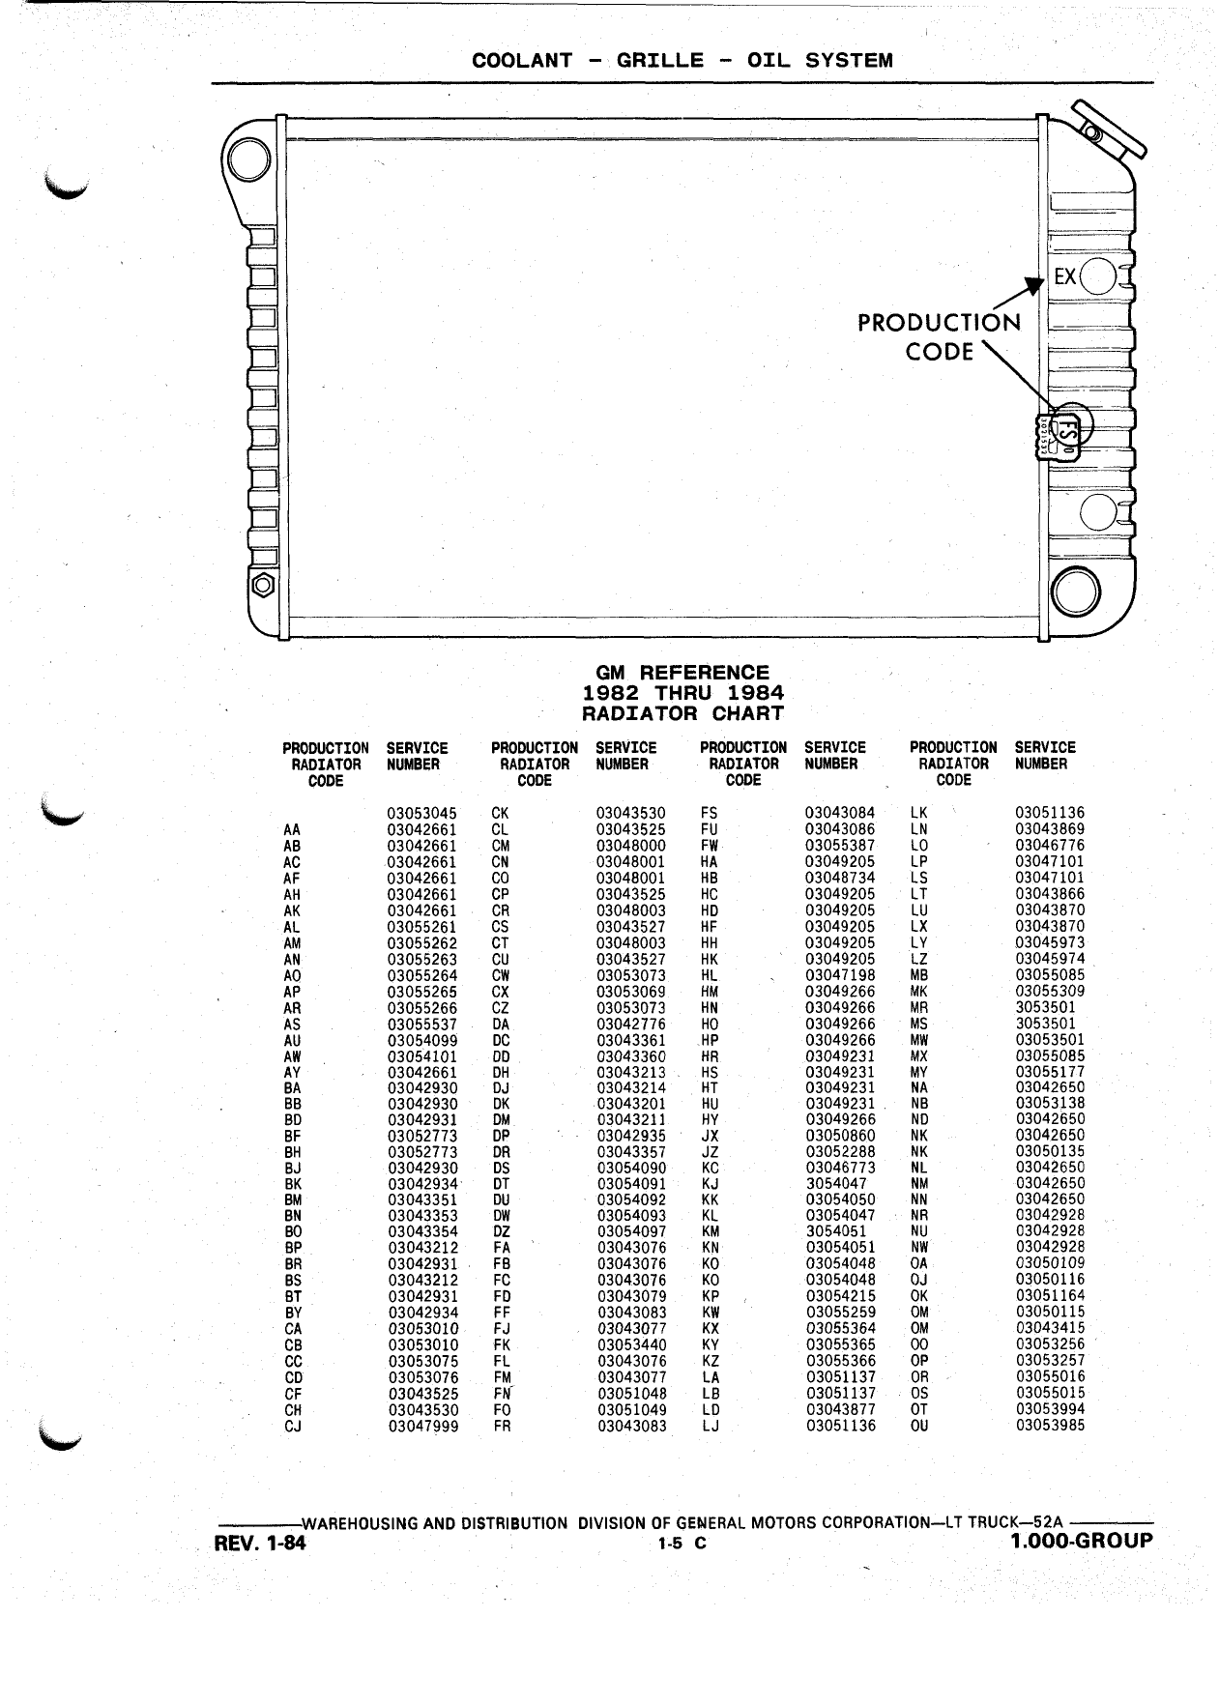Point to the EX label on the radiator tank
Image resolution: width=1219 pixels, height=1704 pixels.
pos(1065,277)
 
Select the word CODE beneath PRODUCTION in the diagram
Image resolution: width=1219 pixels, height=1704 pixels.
pos(940,352)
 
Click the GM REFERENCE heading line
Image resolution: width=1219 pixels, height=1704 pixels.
pos(682,672)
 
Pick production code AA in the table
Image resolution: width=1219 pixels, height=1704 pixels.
pos(292,829)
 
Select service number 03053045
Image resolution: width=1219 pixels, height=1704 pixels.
pos(422,813)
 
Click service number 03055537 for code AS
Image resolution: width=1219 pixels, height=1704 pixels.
pos(422,1024)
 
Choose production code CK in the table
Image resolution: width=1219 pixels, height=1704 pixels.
pos(501,813)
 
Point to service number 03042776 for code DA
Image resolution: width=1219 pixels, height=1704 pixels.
pos(631,1024)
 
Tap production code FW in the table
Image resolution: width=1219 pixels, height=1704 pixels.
pos(710,846)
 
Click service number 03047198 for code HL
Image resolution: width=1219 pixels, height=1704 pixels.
pos(841,975)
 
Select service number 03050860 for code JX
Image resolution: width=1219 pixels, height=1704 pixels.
pos(841,1135)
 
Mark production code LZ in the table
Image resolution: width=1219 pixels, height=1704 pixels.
pos(919,959)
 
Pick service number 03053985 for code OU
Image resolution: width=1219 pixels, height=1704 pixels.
pos(1051,1425)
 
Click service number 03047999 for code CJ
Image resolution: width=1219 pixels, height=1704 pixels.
pos(423,1425)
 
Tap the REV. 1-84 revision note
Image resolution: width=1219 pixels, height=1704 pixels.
pos(259,1544)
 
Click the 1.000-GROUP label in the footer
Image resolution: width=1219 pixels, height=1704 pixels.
pos(1082,1540)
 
